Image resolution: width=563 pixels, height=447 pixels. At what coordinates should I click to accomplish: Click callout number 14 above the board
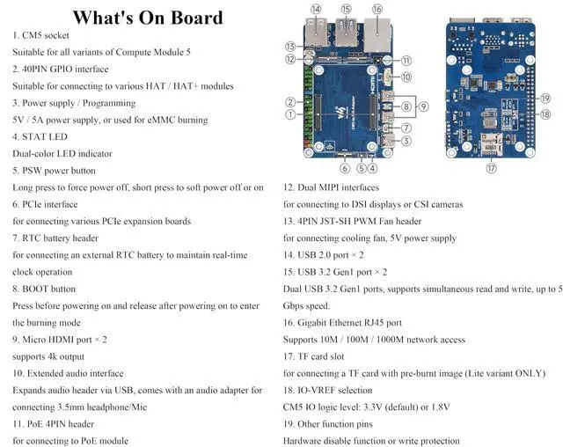tap(316, 9)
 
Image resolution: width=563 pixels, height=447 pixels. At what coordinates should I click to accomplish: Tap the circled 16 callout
tap(377, 9)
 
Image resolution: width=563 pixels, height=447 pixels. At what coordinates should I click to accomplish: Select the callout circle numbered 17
tap(491, 167)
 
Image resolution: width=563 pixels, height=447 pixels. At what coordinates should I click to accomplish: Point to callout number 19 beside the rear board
tap(545, 99)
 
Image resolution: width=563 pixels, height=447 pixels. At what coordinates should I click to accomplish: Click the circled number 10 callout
tap(406, 77)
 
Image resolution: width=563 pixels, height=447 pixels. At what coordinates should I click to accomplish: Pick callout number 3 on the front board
tap(406, 140)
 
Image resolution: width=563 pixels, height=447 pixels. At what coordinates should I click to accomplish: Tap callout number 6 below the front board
tap(345, 168)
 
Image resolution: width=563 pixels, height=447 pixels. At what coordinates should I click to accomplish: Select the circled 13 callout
tap(289, 46)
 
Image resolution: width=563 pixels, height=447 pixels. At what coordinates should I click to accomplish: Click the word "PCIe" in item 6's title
tap(37, 204)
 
